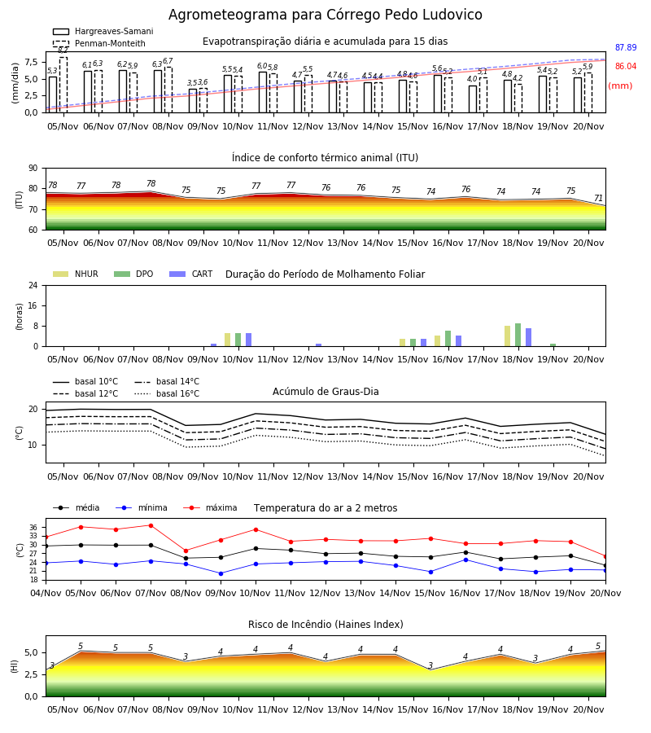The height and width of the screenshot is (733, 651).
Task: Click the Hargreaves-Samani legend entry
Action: click(x=103, y=31)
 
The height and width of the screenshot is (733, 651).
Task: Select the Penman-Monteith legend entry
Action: click(x=99, y=43)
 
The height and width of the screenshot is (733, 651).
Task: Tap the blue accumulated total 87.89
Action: click(x=626, y=48)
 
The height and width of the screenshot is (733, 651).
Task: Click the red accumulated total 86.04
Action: click(x=626, y=67)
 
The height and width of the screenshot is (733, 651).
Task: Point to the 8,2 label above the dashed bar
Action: click(x=63, y=50)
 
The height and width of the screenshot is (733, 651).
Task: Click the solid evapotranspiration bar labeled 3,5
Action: click(x=193, y=100)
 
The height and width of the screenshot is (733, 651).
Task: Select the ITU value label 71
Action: click(x=598, y=198)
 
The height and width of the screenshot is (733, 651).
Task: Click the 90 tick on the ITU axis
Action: click(x=33, y=169)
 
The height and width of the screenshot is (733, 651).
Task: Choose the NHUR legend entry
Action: click(x=76, y=274)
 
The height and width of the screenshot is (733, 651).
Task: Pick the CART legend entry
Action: click(x=191, y=274)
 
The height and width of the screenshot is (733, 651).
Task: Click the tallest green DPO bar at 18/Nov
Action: click(x=518, y=335)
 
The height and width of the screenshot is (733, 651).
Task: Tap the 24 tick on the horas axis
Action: click(x=33, y=286)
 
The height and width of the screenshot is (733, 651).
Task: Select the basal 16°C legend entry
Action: click(x=167, y=393)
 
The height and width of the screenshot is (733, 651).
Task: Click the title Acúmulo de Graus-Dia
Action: click(x=325, y=392)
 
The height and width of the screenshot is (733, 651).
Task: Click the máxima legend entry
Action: click(x=210, y=507)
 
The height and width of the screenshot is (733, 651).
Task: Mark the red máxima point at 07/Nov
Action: click(x=151, y=525)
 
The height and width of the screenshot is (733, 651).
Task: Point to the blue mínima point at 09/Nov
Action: click(x=221, y=573)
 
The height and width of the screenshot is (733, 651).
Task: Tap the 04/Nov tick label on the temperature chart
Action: click(x=46, y=593)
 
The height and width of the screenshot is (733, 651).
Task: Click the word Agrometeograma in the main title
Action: click(x=229, y=15)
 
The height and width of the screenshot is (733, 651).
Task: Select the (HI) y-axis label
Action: click(x=15, y=666)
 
